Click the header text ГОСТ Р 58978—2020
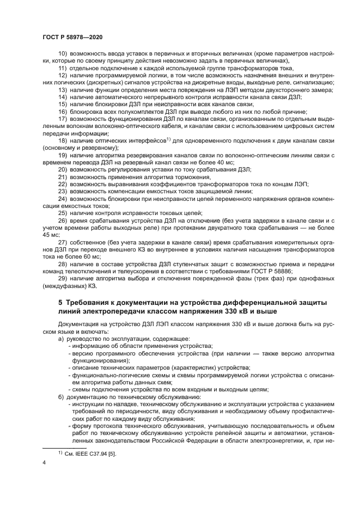pos(72,37)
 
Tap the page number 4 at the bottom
pos(44,462)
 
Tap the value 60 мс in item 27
pos(90,255)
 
